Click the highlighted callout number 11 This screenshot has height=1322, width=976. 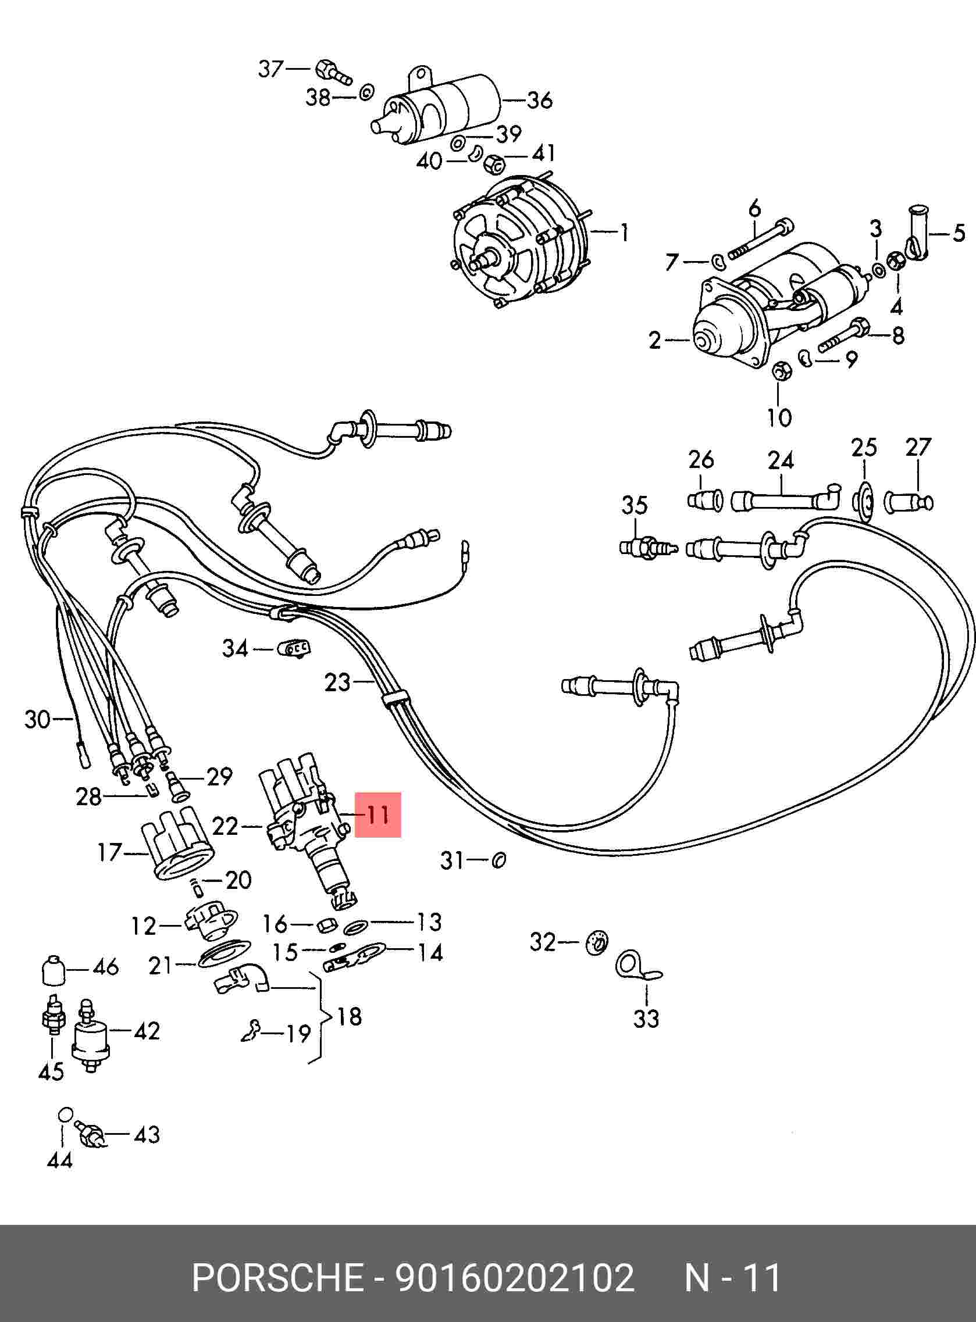[377, 815]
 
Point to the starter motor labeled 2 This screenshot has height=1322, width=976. [780, 308]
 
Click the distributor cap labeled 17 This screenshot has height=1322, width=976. [178, 842]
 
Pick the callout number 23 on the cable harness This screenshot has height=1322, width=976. [338, 683]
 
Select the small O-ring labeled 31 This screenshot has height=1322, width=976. [498, 860]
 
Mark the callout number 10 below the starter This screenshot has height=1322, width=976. [779, 417]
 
